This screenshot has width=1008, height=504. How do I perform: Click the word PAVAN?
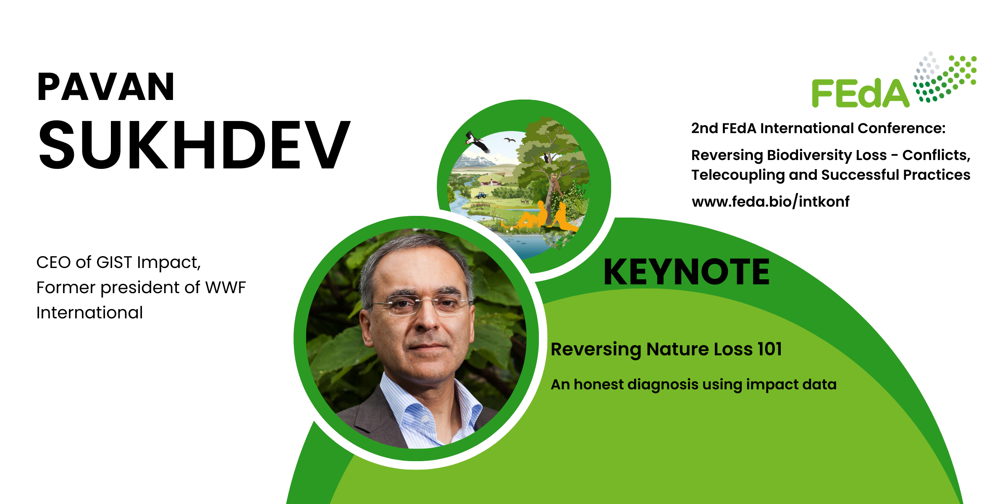(105, 87)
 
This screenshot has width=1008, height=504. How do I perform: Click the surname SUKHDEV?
(194, 145)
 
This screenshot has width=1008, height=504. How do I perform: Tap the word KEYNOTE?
(686, 272)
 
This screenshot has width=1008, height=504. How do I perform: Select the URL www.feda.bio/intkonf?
(770, 202)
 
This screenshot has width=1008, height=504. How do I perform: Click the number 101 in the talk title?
(769, 349)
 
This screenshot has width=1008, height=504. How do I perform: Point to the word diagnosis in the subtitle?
(663, 385)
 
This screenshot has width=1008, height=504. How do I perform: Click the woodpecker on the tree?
(546, 158)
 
